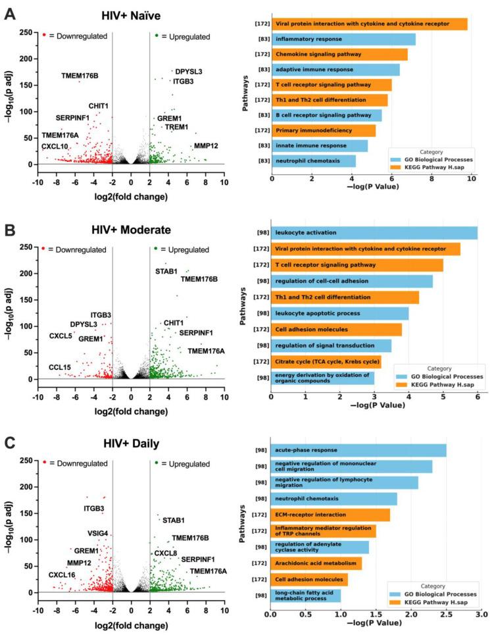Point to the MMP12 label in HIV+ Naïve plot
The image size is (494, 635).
tap(206, 145)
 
